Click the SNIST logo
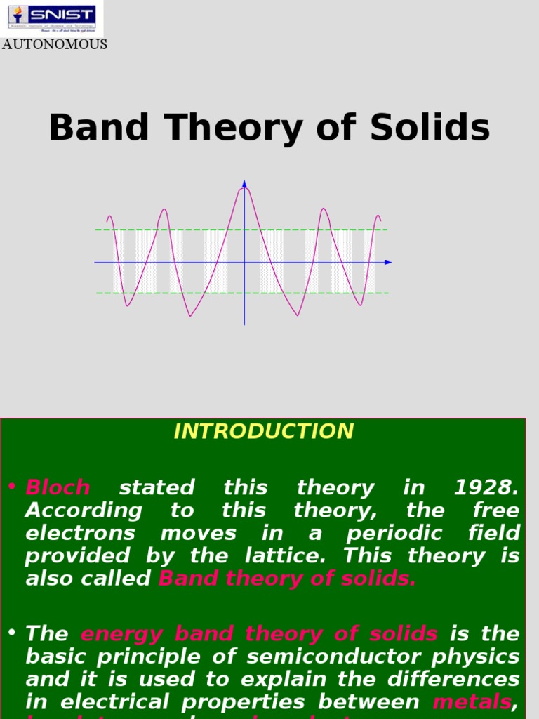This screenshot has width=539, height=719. click(51, 17)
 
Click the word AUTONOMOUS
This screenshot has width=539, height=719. click(54, 44)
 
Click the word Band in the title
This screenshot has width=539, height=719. click(99, 128)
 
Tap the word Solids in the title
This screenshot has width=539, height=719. click(431, 128)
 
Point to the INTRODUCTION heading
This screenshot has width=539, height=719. click(263, 431)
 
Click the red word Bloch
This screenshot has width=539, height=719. click(58, 487)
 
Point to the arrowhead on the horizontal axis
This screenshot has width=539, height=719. click(388, 263)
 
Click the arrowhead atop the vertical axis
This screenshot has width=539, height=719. click(244, 184)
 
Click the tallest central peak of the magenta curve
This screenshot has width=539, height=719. click(246, 189)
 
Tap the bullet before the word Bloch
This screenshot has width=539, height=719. click(13, 487)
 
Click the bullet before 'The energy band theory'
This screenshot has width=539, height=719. click(13, 633)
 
